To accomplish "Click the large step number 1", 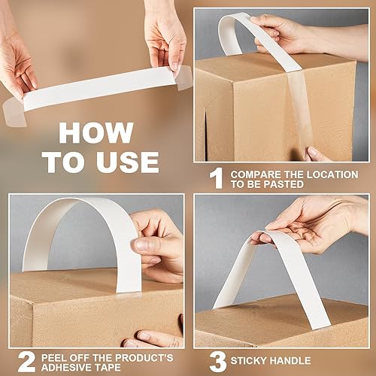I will pos(216,177).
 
